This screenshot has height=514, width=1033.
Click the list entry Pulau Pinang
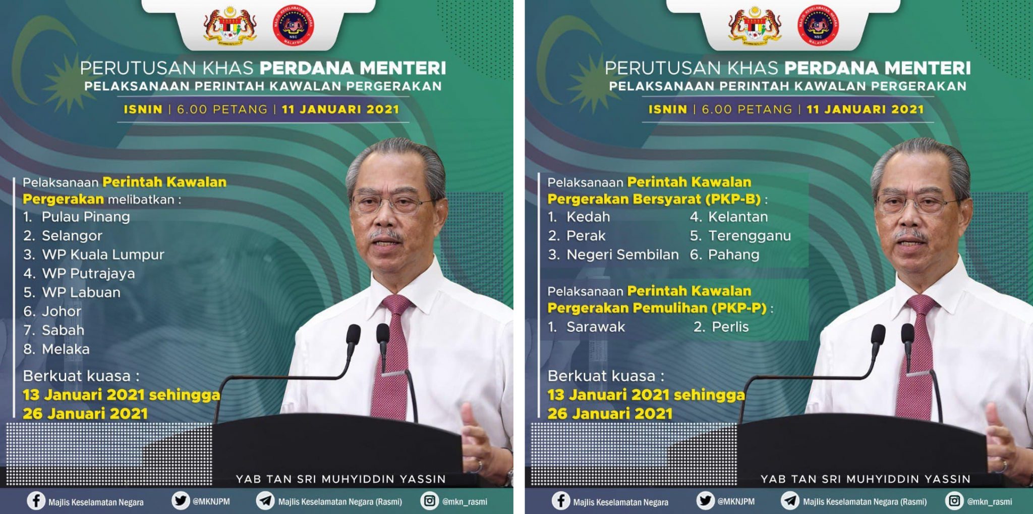[85, 217]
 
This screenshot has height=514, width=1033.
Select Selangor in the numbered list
[72, 236]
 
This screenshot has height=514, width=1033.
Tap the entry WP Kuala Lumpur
[103, 254]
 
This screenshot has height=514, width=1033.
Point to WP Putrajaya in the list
[88, 274]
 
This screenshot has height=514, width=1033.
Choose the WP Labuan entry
[81, 292]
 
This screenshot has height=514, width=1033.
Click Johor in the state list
[61, 312]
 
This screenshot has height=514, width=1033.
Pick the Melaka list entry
[66, 349]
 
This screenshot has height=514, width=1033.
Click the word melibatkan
[141, 199]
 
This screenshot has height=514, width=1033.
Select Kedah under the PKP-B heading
[588, 217]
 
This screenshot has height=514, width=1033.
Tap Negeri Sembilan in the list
[622, 254]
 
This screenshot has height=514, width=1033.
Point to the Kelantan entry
[738, 217]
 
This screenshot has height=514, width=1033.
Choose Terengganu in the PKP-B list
[750, 236]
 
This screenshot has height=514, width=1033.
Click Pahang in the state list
[733, 254]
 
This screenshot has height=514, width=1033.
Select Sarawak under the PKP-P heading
[596, 327]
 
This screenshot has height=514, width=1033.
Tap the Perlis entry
[730, 327]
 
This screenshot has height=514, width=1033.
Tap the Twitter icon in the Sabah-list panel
[180, 501]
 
